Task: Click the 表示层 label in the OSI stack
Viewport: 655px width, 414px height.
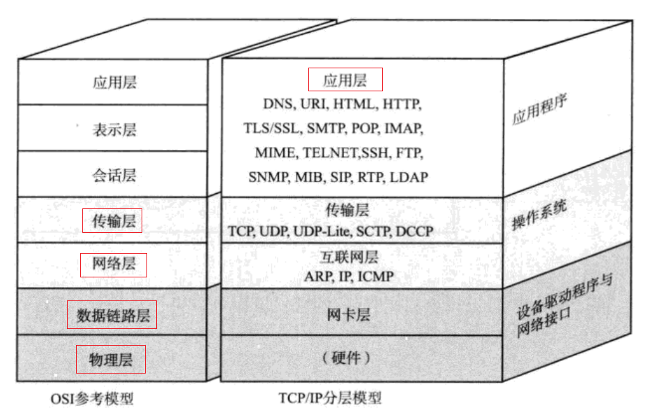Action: [x=114, y=130]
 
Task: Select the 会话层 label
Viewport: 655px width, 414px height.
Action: [x=114, y=175]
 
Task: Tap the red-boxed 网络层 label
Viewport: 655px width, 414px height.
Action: [x=114, y=263]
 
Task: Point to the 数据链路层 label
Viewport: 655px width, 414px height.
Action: [x=113, y=315]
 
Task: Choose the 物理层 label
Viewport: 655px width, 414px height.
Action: [x=111, y=360]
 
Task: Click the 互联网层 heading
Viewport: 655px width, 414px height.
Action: [x=349, y=257]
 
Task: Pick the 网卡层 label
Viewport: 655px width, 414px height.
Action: [x=348, y=314]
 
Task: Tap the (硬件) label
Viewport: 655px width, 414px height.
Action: [x=346, y=358]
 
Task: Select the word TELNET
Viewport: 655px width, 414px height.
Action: [x=332, y=153]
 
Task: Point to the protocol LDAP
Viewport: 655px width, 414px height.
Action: [x=409, y=177]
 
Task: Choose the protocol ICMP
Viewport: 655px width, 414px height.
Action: [x=375, y=276]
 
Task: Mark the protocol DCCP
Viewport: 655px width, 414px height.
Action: [x=414, y=231]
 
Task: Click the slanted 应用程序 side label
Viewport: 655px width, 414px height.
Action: [x=540, y=109]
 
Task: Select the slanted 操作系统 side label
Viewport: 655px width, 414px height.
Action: [x=539, y=215]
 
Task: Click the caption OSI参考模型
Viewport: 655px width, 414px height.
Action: [x=92, y=399]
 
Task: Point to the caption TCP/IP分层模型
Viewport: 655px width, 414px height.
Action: [x=330, y=398]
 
